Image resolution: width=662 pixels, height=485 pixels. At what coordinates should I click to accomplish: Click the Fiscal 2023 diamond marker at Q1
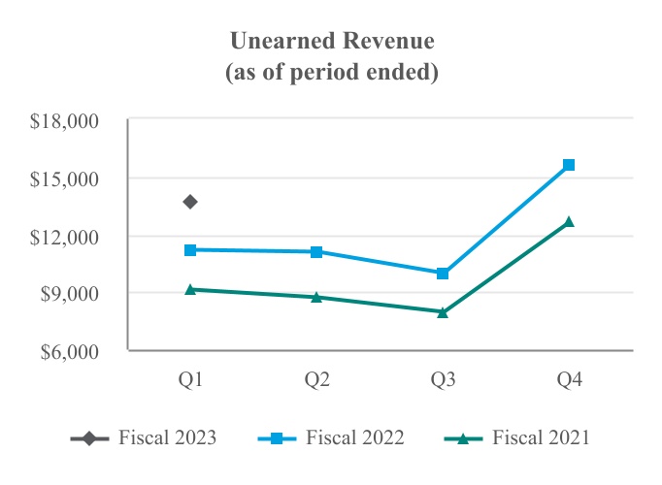coord(190,202)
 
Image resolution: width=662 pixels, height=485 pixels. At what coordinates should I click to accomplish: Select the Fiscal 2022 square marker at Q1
coord(190,250)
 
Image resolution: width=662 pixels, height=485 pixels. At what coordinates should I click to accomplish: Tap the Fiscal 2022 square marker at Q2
coord(316,252)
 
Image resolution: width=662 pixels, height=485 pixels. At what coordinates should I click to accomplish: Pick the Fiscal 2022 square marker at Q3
coord(443,274)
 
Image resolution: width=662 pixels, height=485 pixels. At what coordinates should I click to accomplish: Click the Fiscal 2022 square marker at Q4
coord(569,165)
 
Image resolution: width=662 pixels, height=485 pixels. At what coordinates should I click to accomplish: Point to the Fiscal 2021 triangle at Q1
coord(190,289)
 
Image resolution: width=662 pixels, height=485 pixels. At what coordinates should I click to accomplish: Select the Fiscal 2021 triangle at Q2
coord(316,297)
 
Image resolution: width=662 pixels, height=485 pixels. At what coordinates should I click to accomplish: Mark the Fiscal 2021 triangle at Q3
coord(443,312)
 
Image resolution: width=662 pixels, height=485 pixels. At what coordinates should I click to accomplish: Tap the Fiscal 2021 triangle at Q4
coord(569,221)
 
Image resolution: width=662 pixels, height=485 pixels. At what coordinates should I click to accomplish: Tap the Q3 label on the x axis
coord(443,380)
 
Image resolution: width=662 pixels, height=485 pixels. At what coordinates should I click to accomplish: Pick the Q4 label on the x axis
coord(569,380)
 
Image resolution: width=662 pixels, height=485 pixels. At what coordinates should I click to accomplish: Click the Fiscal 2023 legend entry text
coord(167,438)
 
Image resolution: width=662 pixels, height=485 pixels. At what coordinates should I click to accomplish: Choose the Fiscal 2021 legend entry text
coord(541,438)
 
